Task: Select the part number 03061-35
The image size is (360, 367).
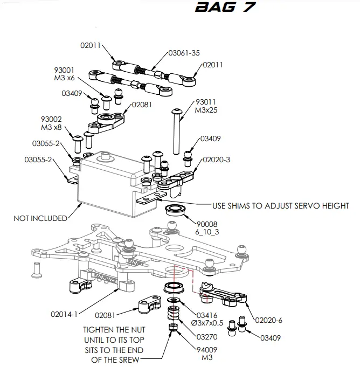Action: click(184, 53)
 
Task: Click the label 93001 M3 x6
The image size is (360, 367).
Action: click(64, 74)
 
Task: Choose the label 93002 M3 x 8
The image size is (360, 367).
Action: click(51, 123)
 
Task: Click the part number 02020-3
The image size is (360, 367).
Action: click(216, 160)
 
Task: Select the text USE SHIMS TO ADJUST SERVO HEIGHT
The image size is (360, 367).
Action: click(280, 205)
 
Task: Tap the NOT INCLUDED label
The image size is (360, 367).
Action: click(40, 218)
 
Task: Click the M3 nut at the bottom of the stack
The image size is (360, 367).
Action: click(172, 328)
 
